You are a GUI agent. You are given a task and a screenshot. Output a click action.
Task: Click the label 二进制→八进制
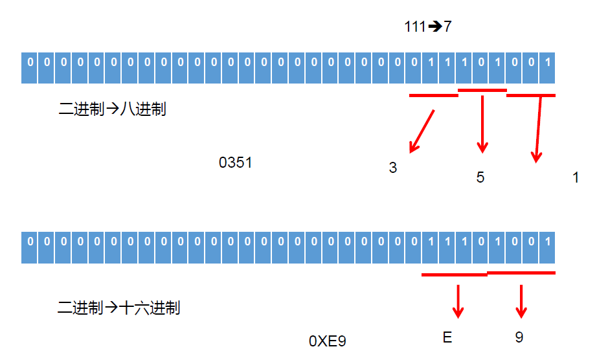click(x=112, y=109)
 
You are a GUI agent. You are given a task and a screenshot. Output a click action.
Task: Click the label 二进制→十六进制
click(x=119, y=308)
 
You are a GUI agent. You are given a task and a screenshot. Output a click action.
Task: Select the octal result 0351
click(x=235, y=163)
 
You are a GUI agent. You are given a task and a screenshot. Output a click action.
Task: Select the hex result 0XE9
click(x=328, y=341)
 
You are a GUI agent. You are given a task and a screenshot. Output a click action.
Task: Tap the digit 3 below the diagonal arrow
click(x=392, y=168)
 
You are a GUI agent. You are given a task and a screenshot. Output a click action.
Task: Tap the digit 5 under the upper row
click(x=480, y=177)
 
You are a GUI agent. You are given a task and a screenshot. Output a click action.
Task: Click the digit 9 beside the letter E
click(x=519, y=337)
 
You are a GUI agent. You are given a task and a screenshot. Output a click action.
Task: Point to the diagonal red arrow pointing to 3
click(x=422, y=131)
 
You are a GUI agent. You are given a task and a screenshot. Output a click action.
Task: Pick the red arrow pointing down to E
click(x=458, y=301)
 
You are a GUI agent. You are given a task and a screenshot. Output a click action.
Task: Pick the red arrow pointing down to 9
click(x=521, y=301)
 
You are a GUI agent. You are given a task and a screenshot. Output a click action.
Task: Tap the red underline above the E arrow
click(x=454, y=275)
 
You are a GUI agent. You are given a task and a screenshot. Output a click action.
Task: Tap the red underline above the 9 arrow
click(x=521, y=273)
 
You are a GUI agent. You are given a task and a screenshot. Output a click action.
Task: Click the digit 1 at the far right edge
click(x=576, y=177)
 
